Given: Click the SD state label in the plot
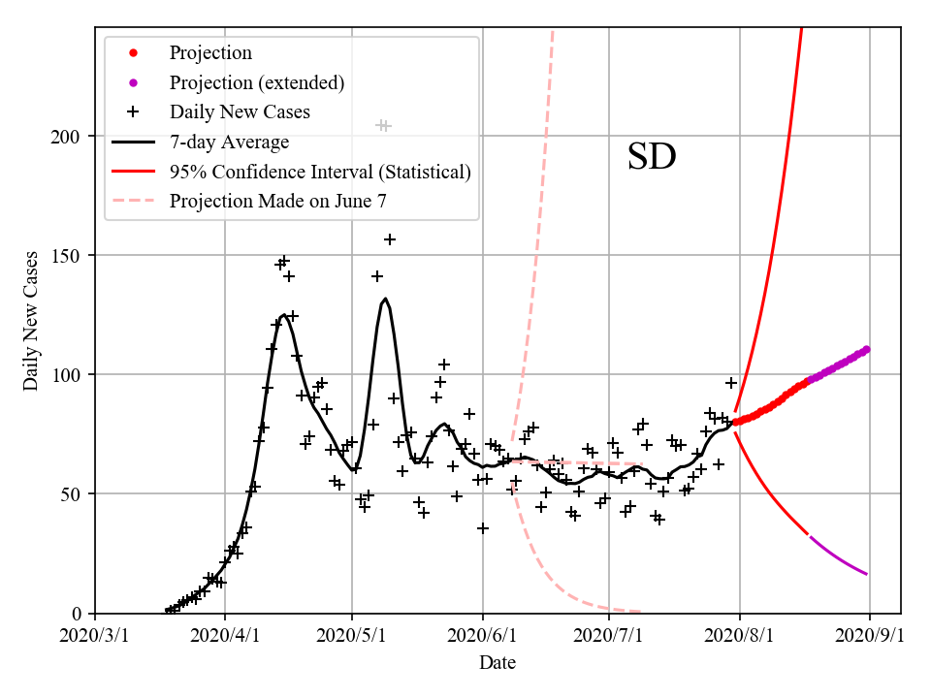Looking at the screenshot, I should click(x=651, y=157).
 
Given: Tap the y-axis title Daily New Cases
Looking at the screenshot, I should click(x=31, y=321).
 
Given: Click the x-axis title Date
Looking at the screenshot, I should click(x=498, y=663).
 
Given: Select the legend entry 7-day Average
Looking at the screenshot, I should click(x=229, y=143).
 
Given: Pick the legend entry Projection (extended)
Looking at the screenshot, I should click(x=256, y=82).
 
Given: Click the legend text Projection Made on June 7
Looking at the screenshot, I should click(x=278, y=202).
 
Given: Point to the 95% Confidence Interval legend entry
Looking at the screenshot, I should click(x=320, y=172).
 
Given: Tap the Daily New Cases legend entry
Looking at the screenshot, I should click(x=240, y=112).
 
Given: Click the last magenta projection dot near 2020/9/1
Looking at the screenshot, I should click(x=866, y=349).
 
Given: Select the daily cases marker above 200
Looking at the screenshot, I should click(x=383, y=126).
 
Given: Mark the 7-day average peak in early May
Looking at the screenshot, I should click(x=386, y=299).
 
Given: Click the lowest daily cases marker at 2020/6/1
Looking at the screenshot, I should click(x=483, y=528).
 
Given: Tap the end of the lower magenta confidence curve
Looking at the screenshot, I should click(x=866, y=574).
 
